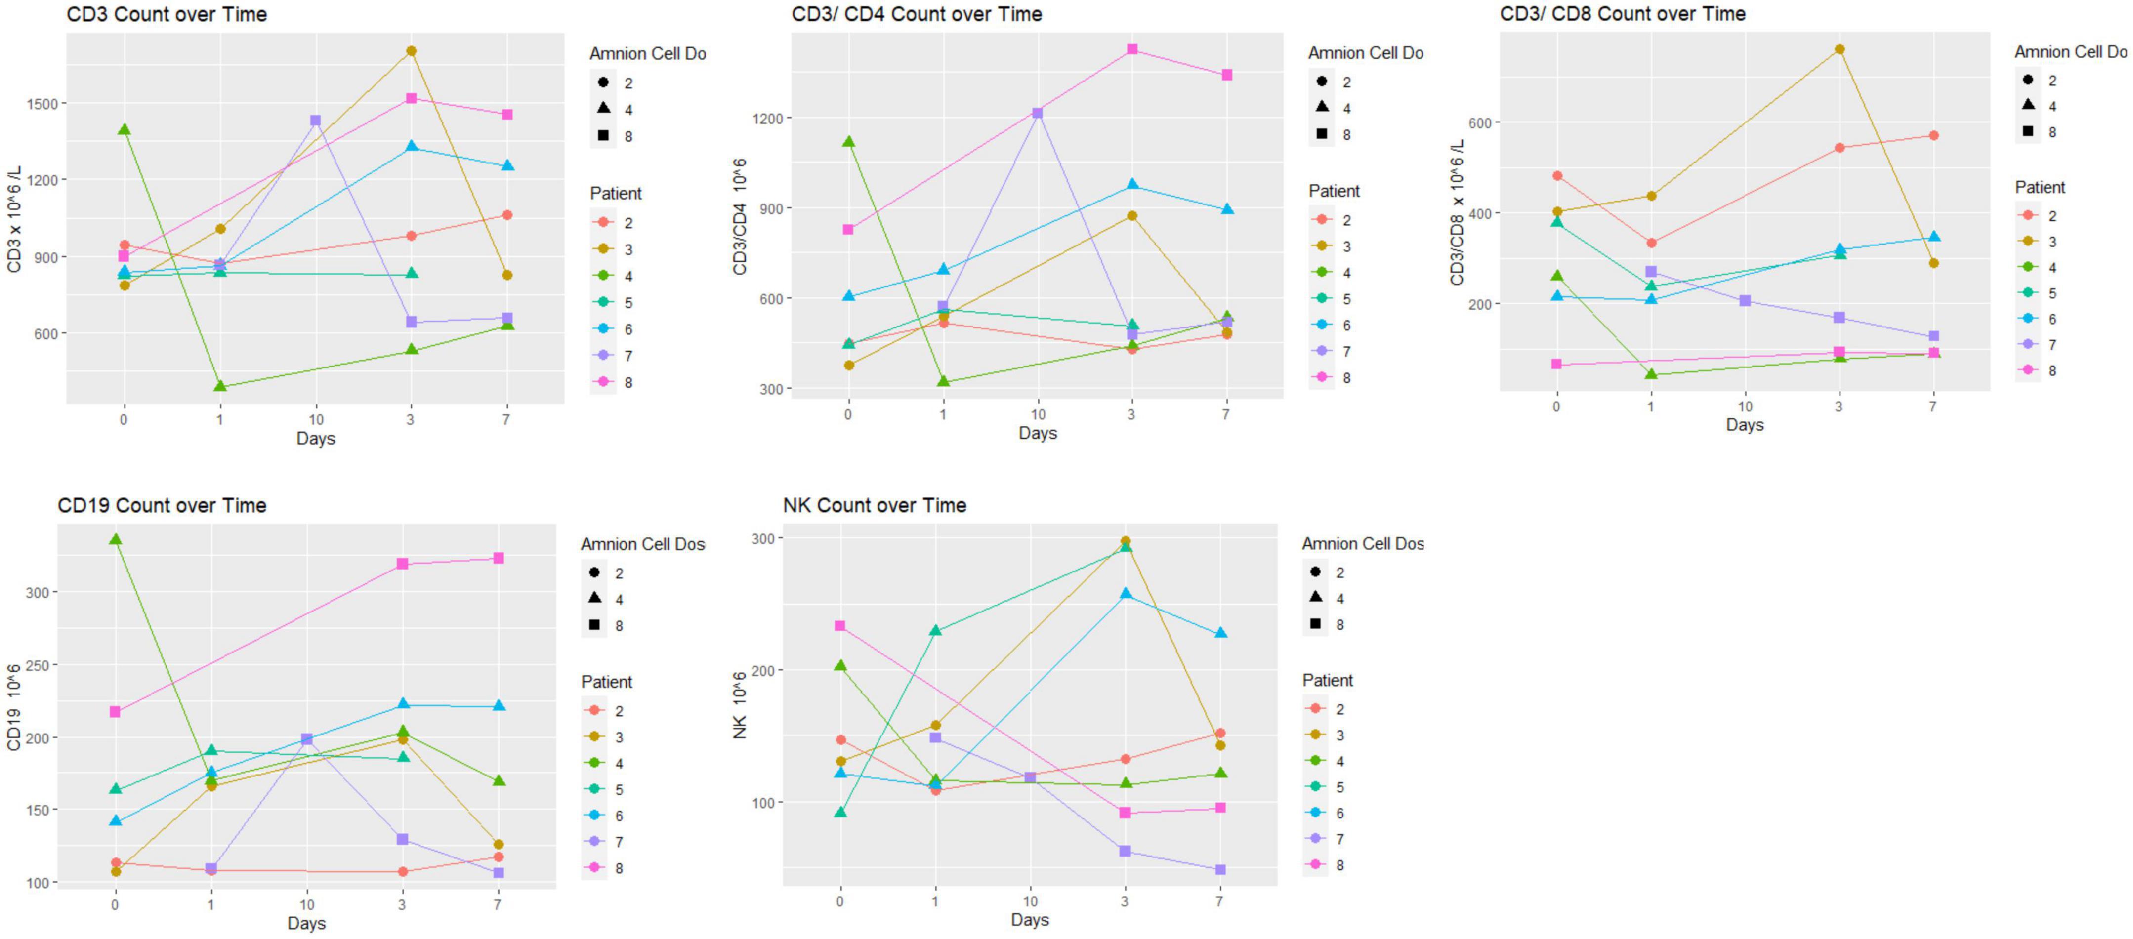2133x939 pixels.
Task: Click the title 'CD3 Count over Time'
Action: pos(167,14)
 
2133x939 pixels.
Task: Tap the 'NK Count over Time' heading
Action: pos(875,505)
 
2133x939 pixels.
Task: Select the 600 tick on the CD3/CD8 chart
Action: pos(1479,122)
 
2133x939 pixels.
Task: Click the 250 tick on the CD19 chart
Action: pos(37,665)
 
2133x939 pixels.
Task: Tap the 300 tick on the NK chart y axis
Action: pos(762,538)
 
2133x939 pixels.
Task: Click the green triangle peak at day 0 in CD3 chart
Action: pos(124,130)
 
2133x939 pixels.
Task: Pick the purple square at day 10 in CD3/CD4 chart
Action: pos(1038,113)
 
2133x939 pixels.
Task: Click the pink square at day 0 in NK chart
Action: pos(840,626)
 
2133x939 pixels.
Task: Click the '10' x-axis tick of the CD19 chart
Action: pos(306,904)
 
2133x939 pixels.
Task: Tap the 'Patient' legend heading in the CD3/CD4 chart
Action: pos(1333,191)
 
